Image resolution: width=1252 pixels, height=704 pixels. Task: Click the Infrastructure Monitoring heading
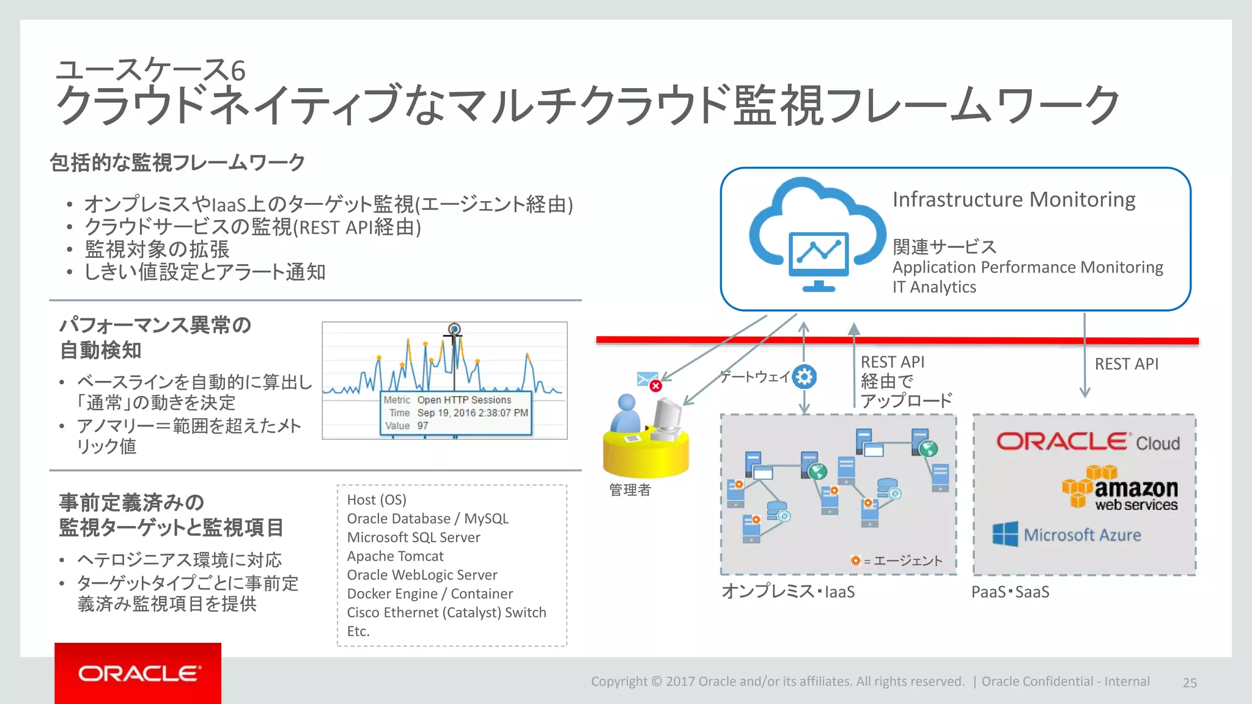click(x=1014, y=200)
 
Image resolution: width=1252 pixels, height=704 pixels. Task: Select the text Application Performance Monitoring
click(x=1027, y=268)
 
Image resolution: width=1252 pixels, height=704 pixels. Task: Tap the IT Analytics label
click(x=933, y=287)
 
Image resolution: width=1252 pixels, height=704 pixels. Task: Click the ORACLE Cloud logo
click(x=1088, y=442)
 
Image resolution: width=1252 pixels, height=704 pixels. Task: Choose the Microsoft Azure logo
click(x=1066, y=535)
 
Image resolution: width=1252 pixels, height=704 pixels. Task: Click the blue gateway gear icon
click(x=804, y=376)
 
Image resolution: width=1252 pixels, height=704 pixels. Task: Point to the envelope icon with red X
click(x=649, y=381)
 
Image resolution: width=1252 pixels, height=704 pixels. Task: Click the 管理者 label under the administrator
click(x=630, y=490)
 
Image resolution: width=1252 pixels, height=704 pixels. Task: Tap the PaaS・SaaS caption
click(x=1010, y=592)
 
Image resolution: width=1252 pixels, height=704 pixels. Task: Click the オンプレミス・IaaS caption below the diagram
click(x=787, y=592)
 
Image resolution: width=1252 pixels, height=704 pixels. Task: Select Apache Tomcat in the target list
click(x=395, y=556)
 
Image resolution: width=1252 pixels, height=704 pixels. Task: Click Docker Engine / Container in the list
click(x=430, y=594)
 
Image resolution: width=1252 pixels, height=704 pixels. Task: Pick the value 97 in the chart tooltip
click(x=422, y=426)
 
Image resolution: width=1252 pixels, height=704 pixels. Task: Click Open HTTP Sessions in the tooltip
click(x=464, y=400)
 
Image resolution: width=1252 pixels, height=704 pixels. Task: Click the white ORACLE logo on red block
click(x=139, y=673)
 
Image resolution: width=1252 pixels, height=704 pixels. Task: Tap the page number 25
click(x=1189, y=683)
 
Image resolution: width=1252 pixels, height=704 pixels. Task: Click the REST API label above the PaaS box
click(x=1126, y=364)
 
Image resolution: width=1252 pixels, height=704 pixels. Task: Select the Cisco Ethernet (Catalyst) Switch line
click(x=446, y=612)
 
